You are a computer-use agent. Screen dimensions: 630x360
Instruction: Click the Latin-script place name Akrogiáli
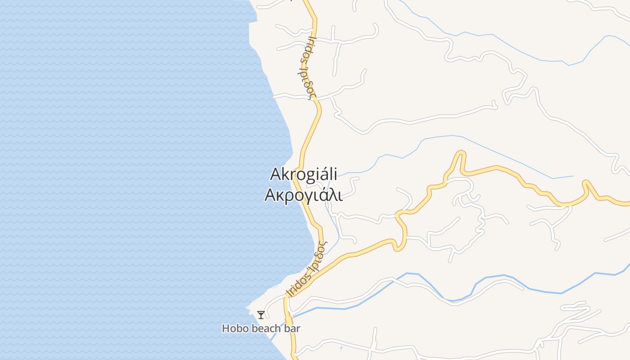tap(304, 174)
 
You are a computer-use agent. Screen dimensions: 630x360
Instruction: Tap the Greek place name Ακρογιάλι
tap(303, 195)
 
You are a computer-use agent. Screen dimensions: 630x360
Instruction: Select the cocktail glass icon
tap(261, 315)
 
